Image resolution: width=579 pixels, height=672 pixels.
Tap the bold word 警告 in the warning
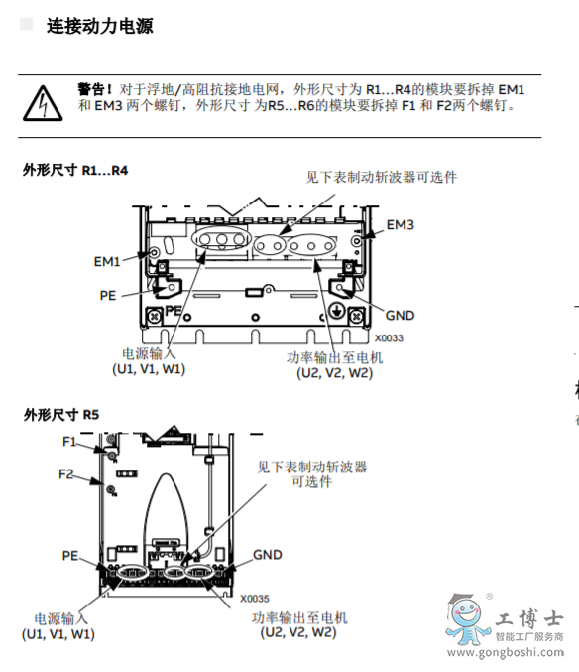(x=94, y=89)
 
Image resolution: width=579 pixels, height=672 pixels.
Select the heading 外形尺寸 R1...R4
(x=75, y=170)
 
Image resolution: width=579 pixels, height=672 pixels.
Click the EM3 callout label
(x=401, y=224)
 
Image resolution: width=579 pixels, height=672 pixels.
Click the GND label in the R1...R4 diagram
(x=400, y=316)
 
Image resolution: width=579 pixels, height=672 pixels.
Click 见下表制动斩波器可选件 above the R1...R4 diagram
(x=381, y=177)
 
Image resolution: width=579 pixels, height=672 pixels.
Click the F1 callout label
(x=69, y=441)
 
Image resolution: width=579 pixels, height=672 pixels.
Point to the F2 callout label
(x=66, y=474)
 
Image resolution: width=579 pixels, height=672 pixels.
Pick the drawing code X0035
(x=254, y=599)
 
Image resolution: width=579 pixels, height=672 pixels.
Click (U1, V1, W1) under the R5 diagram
(x=58, y=633)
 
